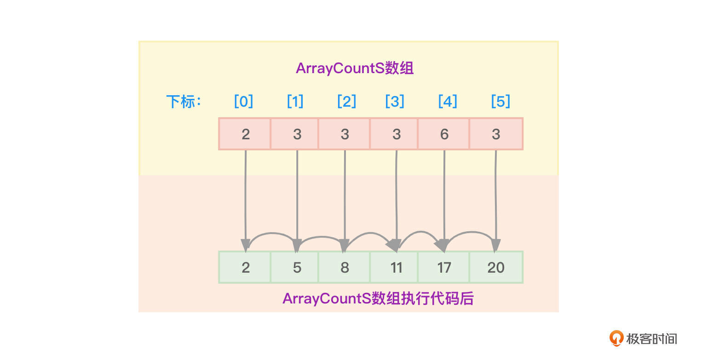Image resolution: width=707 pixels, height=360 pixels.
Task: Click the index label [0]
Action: (243, 101)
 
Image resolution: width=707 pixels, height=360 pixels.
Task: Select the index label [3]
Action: (395, 101)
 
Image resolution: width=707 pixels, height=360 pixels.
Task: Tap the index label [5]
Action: (500, 101)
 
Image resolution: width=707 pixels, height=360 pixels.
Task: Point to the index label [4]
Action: (448, 101)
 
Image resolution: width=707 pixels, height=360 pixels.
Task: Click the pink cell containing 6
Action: (444, 134)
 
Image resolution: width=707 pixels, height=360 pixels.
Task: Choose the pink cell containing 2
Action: (245, 134)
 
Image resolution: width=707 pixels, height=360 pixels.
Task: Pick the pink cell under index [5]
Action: (496, 134)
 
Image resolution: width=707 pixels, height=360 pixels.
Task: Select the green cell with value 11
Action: (394, 267)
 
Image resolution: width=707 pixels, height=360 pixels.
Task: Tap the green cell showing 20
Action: (496, 267)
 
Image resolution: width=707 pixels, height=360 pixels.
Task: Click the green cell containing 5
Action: (294, 267)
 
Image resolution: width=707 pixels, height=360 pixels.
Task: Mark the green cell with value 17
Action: (444, 267)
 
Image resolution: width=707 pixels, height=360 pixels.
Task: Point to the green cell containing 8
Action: (345, 267)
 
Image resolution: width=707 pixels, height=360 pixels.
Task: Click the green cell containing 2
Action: (245, 267)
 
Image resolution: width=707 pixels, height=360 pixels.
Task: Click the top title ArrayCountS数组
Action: (355, 68)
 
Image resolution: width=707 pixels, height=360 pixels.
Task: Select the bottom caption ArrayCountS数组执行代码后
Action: (378, 298)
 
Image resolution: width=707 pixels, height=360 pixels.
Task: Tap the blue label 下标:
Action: (184, 102)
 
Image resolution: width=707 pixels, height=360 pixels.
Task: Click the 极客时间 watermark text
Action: (651, 339)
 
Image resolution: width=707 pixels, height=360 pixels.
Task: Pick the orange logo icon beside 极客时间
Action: (616, 338)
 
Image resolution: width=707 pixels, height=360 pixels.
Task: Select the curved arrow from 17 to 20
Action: (472, 233)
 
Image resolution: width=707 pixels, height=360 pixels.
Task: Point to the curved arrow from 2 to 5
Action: (272, 234)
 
